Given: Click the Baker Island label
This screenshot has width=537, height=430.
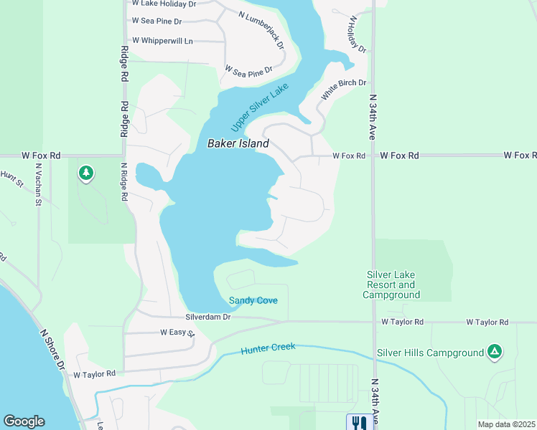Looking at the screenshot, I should coord(238,143).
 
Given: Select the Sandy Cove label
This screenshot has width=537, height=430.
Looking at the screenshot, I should coord(253,300).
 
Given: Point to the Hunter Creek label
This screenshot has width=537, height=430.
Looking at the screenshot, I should coord(268,349).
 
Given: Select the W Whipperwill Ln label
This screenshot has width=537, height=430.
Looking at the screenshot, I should coord(162,41).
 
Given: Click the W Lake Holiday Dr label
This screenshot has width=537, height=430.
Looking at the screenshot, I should coord(163,4).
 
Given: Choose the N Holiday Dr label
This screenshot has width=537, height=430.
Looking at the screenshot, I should coord(358,35).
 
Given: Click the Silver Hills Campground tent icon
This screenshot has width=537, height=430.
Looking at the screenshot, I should coord(494,351).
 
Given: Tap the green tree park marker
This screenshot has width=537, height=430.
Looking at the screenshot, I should coord(86,173).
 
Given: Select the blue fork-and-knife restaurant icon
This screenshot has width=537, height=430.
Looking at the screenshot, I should coord(357,422).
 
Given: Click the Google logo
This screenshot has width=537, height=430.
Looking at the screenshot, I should coord(24,421).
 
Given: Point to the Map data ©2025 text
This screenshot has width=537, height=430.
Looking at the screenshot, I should coord(505,424).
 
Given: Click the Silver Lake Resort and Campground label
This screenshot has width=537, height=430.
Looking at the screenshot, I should coord(391,285).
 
